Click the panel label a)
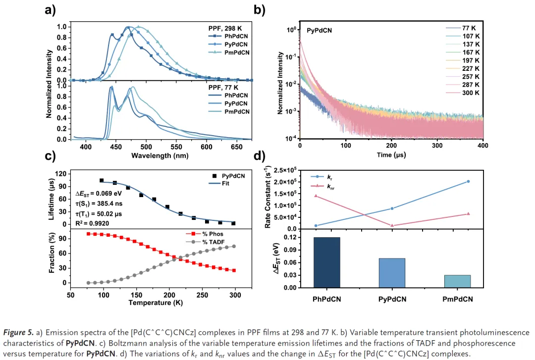click(50, 10)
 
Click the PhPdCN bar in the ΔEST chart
click(326, 262)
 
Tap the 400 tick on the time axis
click(483, 147)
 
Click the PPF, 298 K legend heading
click(228, 28)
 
